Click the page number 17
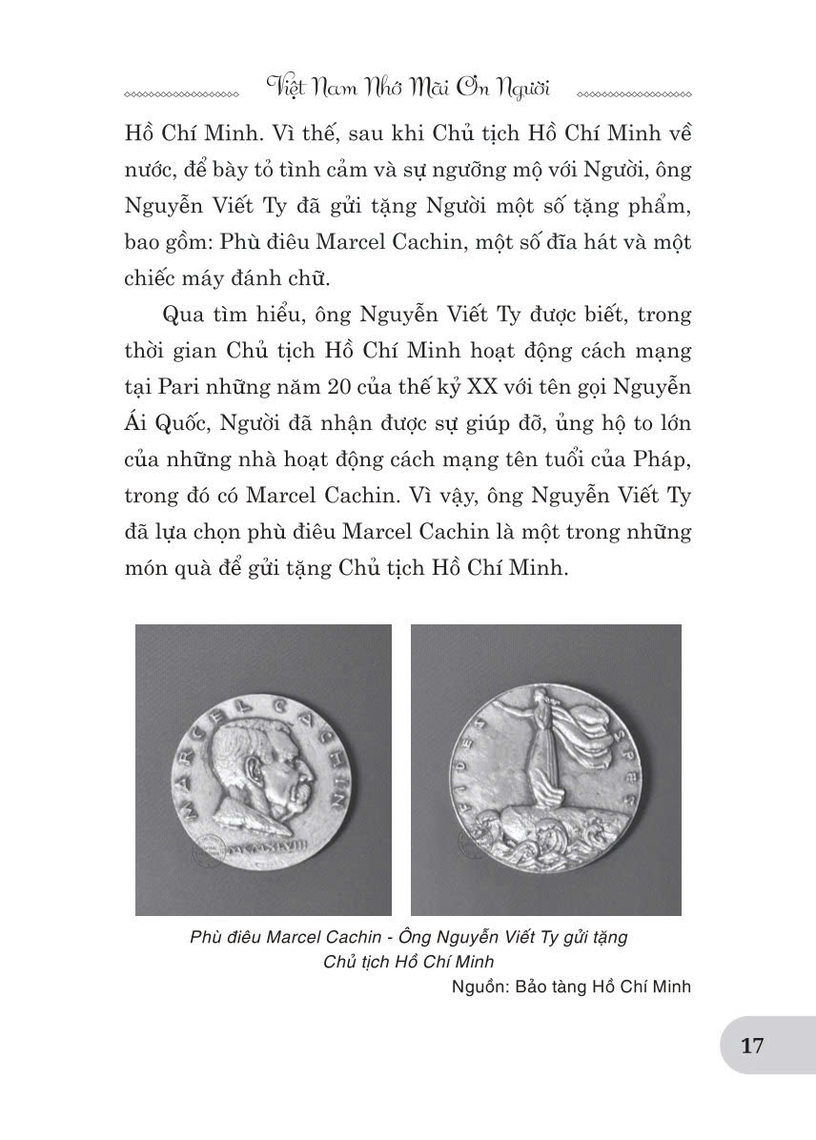752,1046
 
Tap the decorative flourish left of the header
180,95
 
